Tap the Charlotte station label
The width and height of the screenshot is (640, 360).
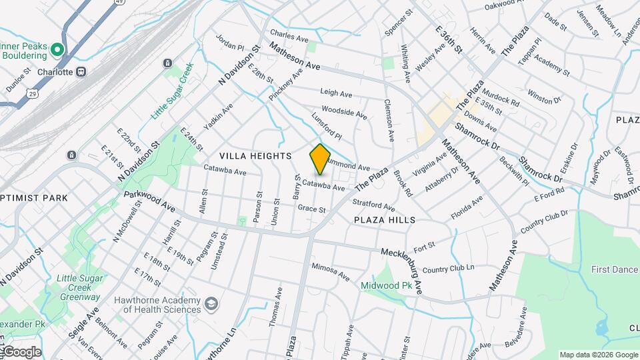51,71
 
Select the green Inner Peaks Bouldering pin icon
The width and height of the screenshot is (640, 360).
57,49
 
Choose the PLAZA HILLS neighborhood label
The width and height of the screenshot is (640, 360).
385,219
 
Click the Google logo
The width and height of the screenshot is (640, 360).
21,351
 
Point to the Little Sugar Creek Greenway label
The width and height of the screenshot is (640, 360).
79,287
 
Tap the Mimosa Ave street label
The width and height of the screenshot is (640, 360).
330,270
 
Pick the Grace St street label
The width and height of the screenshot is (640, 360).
311,209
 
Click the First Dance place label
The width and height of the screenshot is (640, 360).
615,269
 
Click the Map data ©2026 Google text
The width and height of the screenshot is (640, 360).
597,355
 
